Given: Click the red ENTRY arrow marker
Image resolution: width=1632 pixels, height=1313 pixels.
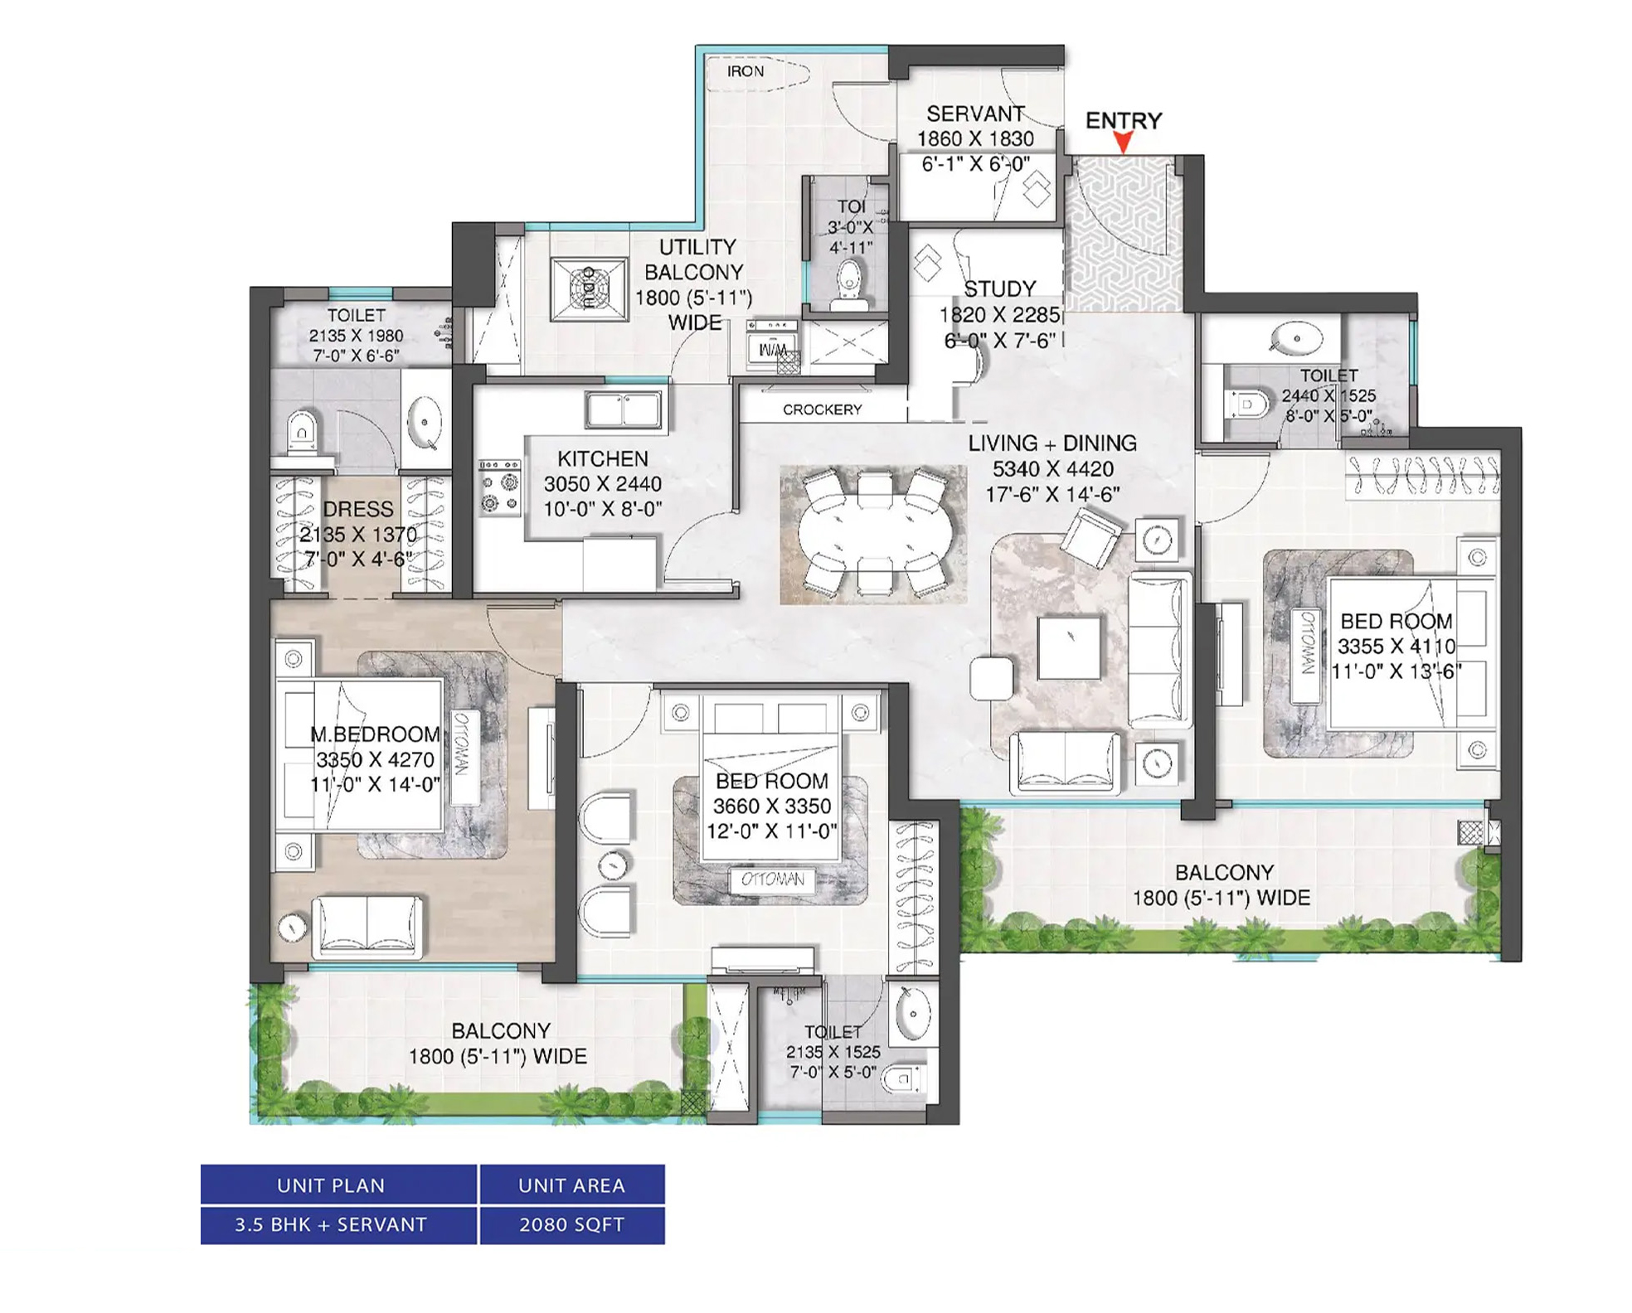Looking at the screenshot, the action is tap(1123, 143).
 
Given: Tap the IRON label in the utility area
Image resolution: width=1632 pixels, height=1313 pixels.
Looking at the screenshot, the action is tap(745, 71).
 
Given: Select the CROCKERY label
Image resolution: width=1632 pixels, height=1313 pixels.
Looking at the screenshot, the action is tap(822, 409).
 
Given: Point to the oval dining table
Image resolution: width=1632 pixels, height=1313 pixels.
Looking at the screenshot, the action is tap(872, 533).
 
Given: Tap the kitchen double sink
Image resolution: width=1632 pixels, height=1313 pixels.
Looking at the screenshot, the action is tap(624, 409).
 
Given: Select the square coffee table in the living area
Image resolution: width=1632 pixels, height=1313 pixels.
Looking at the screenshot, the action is tap(1070, 647).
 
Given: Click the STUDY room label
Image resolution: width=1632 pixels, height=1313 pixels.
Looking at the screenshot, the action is tap(999, 289).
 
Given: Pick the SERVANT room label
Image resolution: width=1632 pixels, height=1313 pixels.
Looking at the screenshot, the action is tap(975, 114).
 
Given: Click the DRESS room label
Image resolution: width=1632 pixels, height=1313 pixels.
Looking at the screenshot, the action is tap(358, 509).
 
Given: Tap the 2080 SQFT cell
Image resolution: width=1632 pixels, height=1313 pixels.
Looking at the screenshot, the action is tap(572, 1224).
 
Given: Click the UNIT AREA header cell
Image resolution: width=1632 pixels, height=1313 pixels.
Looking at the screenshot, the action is tap(572, 1185).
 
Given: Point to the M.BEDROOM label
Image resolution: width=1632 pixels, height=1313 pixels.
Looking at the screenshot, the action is tap(375, 734).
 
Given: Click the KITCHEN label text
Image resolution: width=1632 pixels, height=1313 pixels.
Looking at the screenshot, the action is tap(603, 458).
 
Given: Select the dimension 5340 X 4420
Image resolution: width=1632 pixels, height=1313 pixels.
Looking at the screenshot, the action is tap(1053, 469).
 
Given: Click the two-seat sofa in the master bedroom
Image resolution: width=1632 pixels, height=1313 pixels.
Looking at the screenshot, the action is tap(367, 926).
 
